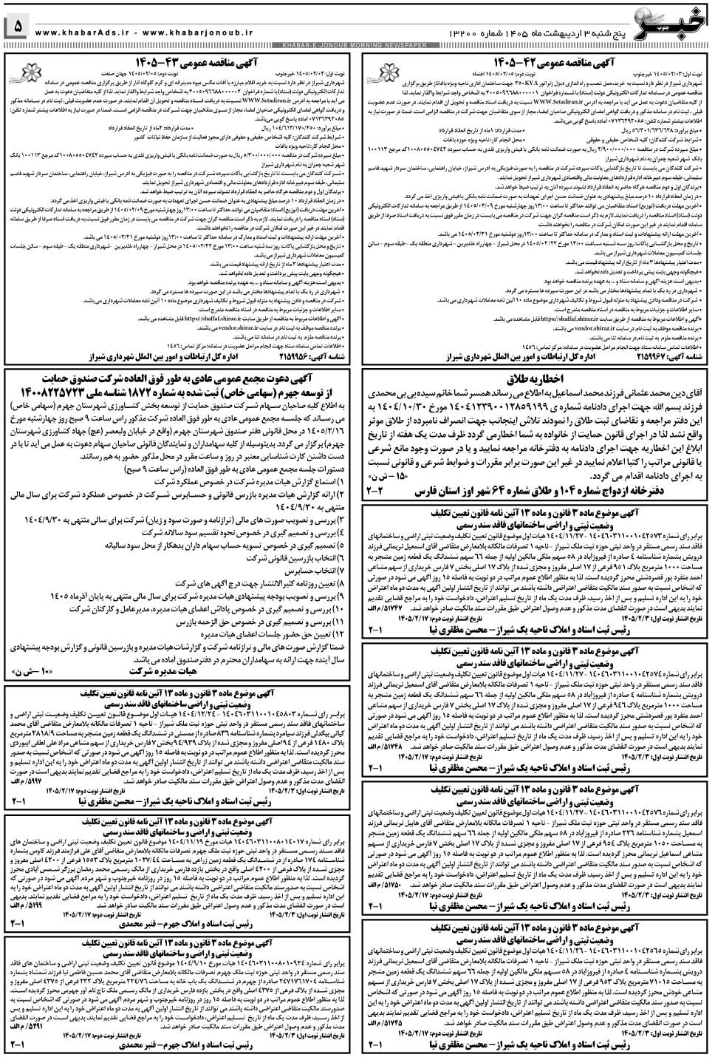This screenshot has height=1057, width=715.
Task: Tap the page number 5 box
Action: (x=18, y=27)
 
